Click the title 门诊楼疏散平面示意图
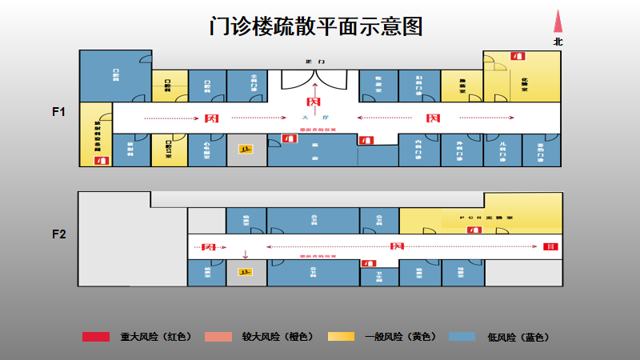[315, 26]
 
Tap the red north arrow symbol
[558, 22]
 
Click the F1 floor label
[58, 112]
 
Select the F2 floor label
[58, 234]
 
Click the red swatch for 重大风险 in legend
[96, 337]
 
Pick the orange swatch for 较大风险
[218, 337]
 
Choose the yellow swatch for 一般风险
[341, 337]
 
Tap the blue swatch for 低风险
[463, 337]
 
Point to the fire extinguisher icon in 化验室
[518, 56]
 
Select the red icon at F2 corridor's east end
[548, 246]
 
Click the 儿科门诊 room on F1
[502, 150]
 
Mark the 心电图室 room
[206, 150]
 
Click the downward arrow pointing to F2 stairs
[246, 257]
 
